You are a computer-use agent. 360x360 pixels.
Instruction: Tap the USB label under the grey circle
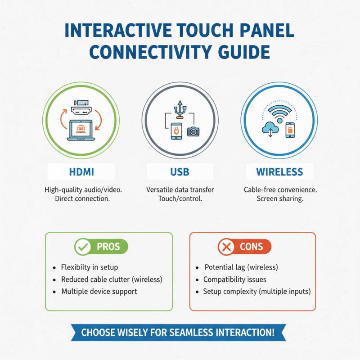click(180, 172)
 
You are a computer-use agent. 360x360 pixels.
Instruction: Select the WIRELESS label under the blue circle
click(279, 172)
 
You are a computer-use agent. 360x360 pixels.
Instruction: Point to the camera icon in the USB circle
click(193, 131)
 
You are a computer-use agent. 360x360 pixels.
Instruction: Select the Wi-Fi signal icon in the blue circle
click(280, 112)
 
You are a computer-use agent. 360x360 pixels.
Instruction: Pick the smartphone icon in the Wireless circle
click(290, 130)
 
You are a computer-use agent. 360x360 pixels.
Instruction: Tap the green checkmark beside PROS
click(82, 247)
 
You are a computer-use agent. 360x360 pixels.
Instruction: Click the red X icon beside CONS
click(225, 247)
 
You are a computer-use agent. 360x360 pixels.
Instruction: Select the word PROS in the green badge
click(108, 247)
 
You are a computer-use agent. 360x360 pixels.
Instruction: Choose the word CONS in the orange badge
click(251, 247)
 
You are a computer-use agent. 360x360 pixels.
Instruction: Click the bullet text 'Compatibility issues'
click(234, 279)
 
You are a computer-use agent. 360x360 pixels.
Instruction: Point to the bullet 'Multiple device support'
click(99, 292)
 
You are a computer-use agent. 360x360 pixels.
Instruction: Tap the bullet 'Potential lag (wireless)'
click(241, 267)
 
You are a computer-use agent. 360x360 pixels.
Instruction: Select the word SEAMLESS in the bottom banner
click(188, 333)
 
